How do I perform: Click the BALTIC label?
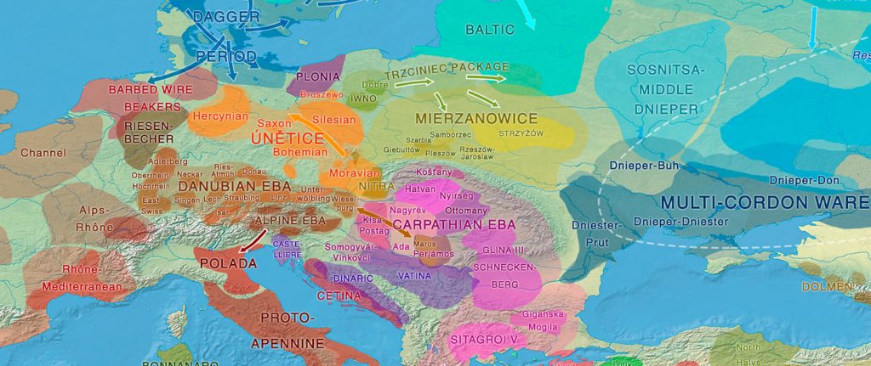(x=490, y=30)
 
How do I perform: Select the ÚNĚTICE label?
(x=287, y=138)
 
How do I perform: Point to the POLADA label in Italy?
(x=227, y=263)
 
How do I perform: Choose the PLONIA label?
(x=318, y=76)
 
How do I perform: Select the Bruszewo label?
(x=322, y=94)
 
